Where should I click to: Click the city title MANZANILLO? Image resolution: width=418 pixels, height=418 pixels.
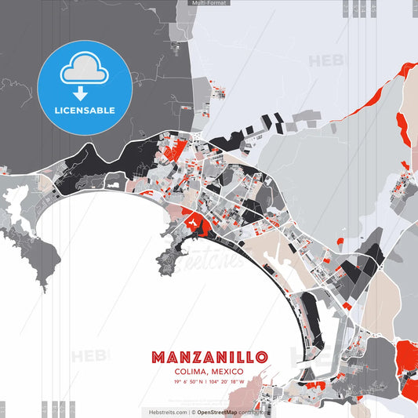pyautogui.click(x=209, y=357)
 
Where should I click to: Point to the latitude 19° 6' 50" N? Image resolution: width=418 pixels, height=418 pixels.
pyautogui.click(x=188, y=382)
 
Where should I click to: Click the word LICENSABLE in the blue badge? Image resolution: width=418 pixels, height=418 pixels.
pyautogui.click(x=84, y=110)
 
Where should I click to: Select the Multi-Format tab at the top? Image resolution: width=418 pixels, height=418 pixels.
pyautogui.click(x=209, y=3)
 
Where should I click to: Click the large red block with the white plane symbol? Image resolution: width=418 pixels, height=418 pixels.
pyautogui.click(x=192, y=224)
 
